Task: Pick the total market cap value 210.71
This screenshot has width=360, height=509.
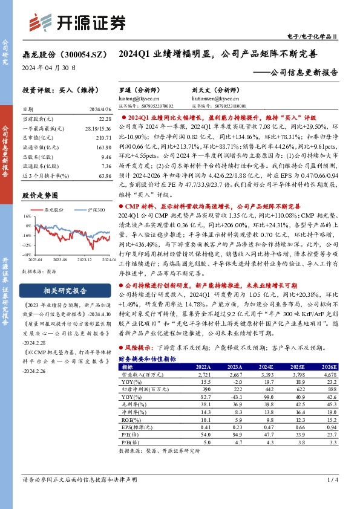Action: pyautogui.click(x=103, y=137)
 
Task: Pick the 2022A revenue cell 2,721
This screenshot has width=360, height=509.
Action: pyautogui.click(x=203, y=375)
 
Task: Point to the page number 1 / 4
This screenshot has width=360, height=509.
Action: pyautogui.click(x=332, y=480)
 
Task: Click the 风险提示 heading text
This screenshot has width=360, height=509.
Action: pyautogui.click(x=140, y=349)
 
